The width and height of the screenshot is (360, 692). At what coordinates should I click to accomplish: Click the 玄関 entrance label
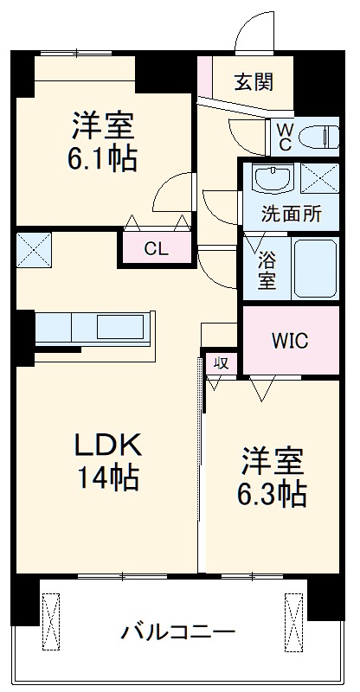[254, 82]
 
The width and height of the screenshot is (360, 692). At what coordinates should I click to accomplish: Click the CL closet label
[156, 250]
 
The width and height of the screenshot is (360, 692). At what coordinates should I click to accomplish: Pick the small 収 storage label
[220, 363]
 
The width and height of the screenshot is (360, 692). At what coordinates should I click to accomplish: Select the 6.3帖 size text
[271, 494]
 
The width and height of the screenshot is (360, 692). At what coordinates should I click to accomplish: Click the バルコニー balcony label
[177, 632]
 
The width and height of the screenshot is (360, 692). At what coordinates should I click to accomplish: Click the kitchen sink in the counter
[120, 328]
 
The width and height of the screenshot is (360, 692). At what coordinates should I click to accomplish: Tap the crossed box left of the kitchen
[34, 248]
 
